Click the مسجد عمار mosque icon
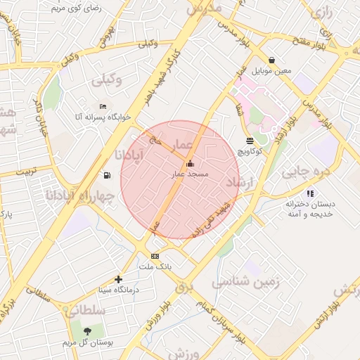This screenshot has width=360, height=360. coord(189,164)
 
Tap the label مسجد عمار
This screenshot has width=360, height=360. coord(188,173)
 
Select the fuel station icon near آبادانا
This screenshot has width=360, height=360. coord(107,175)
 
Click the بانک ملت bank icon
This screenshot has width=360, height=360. coord(155,257)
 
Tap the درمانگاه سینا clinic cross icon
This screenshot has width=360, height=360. coord(118,279)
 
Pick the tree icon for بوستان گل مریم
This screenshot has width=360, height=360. coord(87,330)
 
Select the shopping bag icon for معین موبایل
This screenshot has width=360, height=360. coord(271,60)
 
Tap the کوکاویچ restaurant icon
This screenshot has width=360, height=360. coord(250,141)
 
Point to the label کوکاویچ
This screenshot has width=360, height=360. coord(250,151)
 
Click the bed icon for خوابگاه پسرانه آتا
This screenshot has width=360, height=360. coord(103,106)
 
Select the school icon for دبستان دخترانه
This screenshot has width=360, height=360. coord(310,193)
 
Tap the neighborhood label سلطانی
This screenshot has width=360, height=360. coord(88,310)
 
